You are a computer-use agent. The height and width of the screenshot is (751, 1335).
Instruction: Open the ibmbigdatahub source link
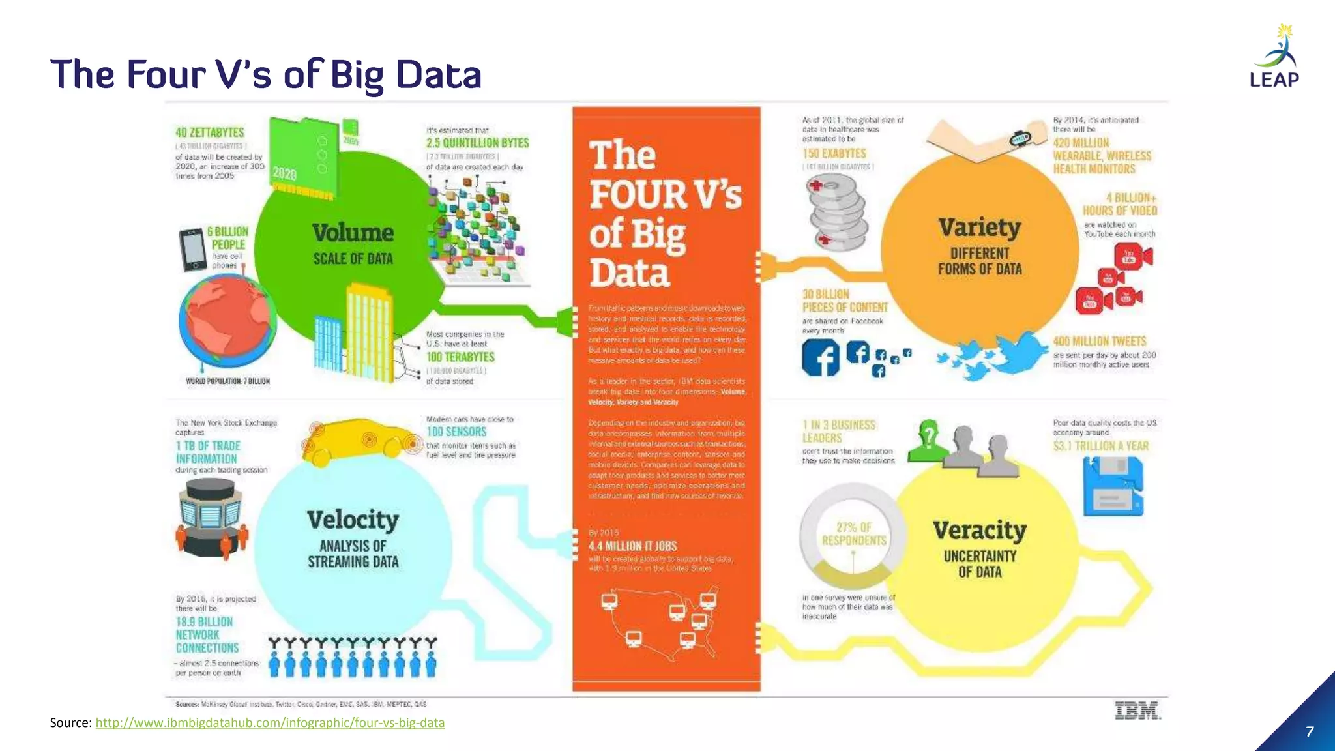pyautogui.click(x=270, y=722)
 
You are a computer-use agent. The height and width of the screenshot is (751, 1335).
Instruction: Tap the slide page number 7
pyautogui.click(x=1310, y=731)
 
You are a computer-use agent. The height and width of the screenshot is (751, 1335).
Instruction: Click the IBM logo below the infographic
pyautogui.click(x=1137, y=711)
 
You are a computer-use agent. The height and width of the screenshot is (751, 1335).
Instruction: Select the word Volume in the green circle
pyautogui.click(x=353, y=233)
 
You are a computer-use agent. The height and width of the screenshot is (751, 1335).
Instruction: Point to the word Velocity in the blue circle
pyautogui.click(x=353, y=520)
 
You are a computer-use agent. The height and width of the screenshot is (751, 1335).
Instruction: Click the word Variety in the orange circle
pyautogui.click(x=979, y=228)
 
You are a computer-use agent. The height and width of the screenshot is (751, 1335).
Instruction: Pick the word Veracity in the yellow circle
pyautogui.click(x=979, y=530)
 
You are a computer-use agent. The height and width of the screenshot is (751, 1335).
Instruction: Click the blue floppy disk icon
pyautogui.click(x=1113, y=486)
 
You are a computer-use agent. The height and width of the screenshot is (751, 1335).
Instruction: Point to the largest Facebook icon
pyautogui.click(x=821, y=358)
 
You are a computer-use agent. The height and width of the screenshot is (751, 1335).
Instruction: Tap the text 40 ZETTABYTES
pyautogui.click(x=210, y=132)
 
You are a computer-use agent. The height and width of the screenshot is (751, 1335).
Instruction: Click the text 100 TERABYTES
pyautogui.click(x=460, y=357)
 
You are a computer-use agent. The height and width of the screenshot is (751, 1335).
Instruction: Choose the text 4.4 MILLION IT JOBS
pyautogui.click(x=632, y=546)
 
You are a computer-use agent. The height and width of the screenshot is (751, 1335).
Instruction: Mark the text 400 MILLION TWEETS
pyautogui.click(x=1099, y=342)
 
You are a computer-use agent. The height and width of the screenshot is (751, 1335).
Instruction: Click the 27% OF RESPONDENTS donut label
pyautogui.click(x=854, y=534)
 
